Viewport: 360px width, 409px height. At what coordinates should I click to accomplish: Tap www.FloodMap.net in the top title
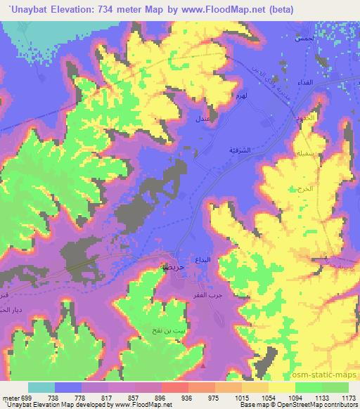217,10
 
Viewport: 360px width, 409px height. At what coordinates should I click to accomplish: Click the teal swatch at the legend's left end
41,387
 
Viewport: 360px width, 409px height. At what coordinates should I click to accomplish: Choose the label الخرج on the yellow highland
295,190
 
